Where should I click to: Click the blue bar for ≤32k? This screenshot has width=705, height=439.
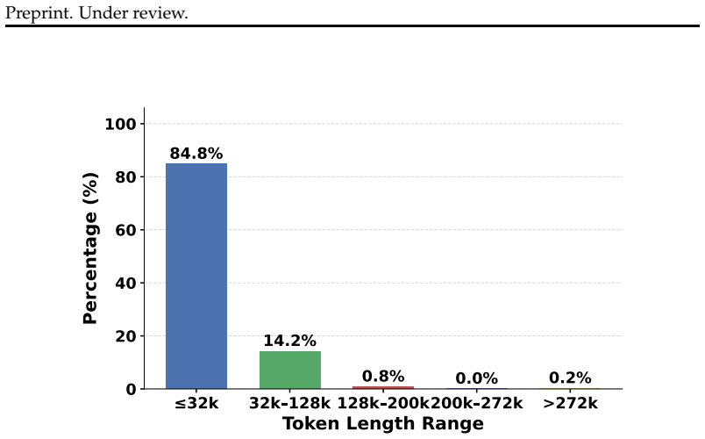(x=196, y=276)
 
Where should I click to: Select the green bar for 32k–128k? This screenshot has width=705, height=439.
(x=290, y=370)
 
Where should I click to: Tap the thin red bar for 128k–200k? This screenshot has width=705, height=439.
(x=383, y=387)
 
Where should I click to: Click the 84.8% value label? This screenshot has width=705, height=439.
(x=196, y=154)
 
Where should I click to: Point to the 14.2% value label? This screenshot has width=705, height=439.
(x=289, y=341)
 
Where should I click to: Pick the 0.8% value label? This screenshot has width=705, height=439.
(x=383, y=376)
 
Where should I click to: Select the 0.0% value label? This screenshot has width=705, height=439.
(x=477, y=378)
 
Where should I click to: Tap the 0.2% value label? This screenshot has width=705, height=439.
(x=570, y=378)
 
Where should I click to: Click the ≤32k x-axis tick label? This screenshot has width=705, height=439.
(x=196, y=403)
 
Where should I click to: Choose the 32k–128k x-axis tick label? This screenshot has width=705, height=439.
(x=290, y=403)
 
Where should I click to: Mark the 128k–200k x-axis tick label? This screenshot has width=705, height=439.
(x=383, y=403)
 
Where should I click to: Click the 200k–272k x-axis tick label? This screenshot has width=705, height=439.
(x=477, y=403)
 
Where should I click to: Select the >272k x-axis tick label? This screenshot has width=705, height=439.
(x=570, y=403)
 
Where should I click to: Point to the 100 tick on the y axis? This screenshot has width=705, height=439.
(x=120, y=124)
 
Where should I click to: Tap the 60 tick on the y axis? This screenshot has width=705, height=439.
(x=126, y=230)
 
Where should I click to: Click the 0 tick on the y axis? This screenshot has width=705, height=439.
(x=132, y=389)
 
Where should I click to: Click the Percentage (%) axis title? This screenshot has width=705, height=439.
(x=90, y=248)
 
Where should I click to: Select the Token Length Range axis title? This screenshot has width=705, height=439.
(x=383, y=424)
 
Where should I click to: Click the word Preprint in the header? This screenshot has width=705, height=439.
(x=39, y=13)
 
